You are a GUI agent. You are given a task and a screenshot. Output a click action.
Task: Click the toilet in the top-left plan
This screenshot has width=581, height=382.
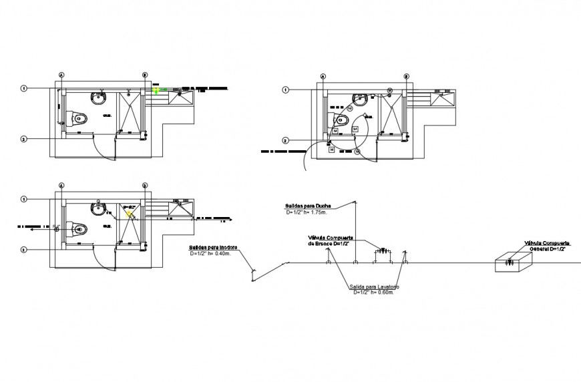(78, 119)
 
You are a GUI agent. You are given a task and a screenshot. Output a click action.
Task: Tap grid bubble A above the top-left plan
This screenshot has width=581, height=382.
(61, 75)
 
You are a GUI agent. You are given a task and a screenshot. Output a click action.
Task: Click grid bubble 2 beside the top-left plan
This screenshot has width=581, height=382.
(23, 139)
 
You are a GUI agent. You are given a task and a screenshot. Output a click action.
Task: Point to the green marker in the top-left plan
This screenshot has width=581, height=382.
(157, 89)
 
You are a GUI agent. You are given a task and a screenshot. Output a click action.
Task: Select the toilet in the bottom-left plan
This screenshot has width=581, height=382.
(78, 229)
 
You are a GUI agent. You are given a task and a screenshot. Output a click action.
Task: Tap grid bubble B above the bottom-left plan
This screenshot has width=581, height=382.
(144, 185)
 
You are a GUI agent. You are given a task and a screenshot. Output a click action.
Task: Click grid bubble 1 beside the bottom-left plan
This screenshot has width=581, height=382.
(23, 199)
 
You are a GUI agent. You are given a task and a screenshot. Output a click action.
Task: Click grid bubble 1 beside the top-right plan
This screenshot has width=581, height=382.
(285, 89)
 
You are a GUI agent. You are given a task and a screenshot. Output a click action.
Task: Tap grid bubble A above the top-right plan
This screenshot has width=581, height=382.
(323, 76)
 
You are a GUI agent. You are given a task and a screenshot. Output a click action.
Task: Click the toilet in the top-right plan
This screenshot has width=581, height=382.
(340, 121)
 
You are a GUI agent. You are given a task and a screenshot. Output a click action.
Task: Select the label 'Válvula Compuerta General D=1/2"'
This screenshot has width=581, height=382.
(546, 245)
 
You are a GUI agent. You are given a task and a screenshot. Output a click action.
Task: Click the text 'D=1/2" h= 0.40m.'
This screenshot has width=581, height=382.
(213, 254)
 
